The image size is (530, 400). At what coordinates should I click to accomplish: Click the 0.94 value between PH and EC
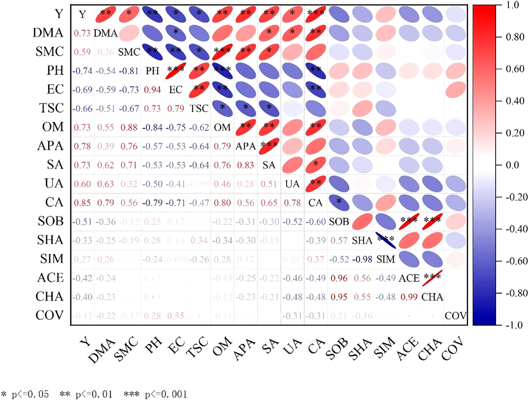click(152, 90)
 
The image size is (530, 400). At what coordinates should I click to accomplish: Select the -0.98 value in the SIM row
click(362, 259)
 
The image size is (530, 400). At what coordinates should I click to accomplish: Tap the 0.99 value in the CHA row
click(409, 297)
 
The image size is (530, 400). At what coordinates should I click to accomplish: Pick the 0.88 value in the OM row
click(129, 128)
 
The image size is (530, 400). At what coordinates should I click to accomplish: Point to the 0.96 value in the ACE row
click(339, 278)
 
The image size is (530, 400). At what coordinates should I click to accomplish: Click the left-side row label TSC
click(52, 108)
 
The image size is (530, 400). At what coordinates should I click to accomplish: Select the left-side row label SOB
click(50, 221)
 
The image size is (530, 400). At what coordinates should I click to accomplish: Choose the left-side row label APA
click(50, 146)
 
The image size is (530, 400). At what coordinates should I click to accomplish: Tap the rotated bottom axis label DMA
click(101, 351)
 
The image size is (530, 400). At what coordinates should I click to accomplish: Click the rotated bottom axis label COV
click(453, 348)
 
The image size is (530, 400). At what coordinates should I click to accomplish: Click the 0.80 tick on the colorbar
click(515, 37)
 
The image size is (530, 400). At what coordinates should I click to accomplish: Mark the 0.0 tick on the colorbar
click(512, 165)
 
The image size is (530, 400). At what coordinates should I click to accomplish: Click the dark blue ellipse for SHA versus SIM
click(386, 240)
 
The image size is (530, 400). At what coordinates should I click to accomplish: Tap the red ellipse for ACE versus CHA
click(432, 278)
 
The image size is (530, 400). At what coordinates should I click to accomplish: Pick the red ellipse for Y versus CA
click(315, 15)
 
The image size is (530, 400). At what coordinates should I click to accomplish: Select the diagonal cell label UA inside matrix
click(292, 184)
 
